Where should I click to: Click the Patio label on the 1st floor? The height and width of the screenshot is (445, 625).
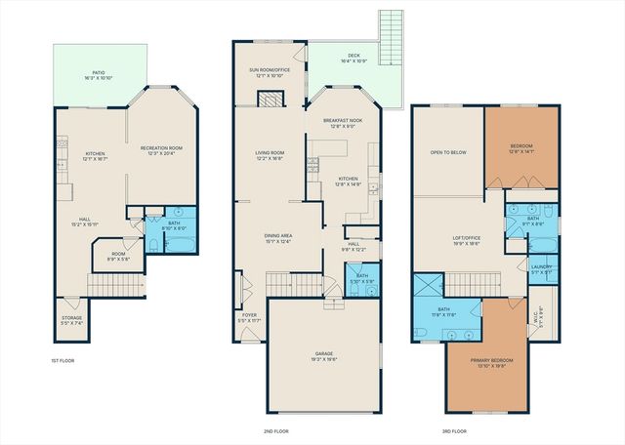click(x=99, y=74)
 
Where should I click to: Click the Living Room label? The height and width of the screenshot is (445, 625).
click(x=269, y=153)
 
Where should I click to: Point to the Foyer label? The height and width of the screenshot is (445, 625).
click(x=250, y=316)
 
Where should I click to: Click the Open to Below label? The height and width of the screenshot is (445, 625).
click(x=447, y=153)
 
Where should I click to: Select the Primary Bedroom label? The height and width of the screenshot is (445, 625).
click(x=491, y=362)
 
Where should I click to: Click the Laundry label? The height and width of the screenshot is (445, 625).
click(x=541, y=267)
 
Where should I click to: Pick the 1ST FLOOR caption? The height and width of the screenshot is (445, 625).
click(x=62, y=360)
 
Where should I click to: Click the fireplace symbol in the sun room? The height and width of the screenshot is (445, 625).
click(x=271, y=99)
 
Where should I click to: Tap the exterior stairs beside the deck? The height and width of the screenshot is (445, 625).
click(x=391, y=39)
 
